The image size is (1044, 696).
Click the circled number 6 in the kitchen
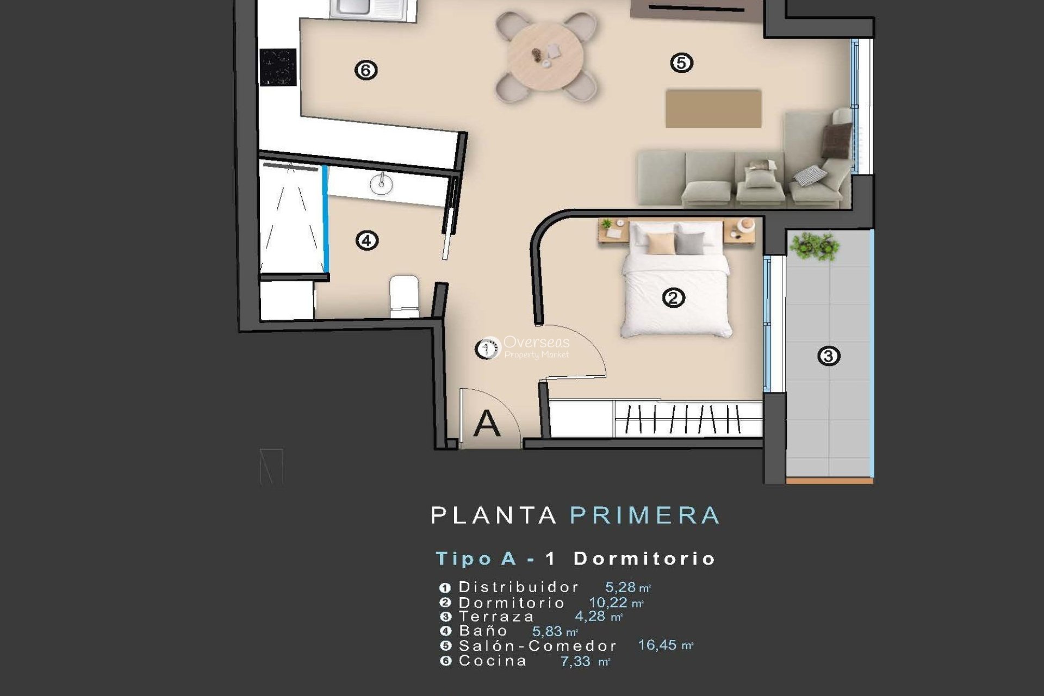tap(365, 70)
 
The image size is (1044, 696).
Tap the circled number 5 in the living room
tap(681, 63)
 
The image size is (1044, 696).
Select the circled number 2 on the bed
tap(673, 297)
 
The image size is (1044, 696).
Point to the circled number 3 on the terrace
tap(828, 356)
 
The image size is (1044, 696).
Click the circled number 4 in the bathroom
tap(366, 240)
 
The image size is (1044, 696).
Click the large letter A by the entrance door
tap(486, 424)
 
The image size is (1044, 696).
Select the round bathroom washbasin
tap(381, 184)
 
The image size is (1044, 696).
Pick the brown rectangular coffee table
tap(713, 109)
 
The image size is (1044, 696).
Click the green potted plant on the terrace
tap(814, 246)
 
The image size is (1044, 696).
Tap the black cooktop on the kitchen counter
tap(278, 67)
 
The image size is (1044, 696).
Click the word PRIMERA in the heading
tap(644, 515)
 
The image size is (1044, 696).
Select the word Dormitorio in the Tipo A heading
tap(644, 558)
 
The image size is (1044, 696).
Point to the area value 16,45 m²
tap(664, 645)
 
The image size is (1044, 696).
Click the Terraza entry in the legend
tap(496, 617)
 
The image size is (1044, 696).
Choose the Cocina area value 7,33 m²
tap(584, 662)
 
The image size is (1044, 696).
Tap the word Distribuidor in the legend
tap(518, 587)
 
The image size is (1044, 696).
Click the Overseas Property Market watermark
tap(536, 347)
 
